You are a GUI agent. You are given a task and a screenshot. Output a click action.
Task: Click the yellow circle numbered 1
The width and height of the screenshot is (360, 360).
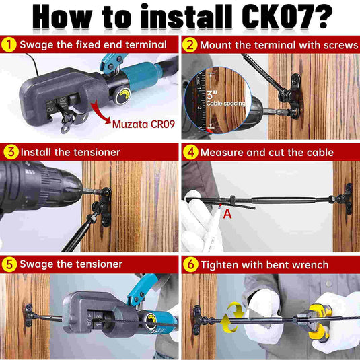pos(9,45)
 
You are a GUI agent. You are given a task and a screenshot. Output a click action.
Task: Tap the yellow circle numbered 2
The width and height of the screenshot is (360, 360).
pos(190,45)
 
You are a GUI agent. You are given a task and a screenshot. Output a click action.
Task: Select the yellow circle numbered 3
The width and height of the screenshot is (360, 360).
pos(11,152)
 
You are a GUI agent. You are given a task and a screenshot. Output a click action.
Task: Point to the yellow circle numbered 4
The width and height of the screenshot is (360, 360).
pos(190,153)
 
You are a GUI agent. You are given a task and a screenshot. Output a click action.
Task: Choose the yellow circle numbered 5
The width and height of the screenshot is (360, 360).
pos(9,264)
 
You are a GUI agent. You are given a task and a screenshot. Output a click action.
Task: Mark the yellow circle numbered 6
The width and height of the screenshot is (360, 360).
pos(190,264)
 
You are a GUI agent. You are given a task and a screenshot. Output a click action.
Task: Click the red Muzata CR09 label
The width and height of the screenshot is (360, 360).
pos(143,124)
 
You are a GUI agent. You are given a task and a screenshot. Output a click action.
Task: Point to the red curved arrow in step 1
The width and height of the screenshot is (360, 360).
pos(100,113)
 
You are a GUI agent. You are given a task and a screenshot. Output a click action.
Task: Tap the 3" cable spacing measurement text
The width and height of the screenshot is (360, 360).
pos(225,98)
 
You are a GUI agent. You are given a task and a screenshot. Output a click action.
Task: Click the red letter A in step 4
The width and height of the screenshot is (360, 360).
pos(227,214)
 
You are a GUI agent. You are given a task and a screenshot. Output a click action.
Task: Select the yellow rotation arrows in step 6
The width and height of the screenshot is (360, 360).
pos(232,317)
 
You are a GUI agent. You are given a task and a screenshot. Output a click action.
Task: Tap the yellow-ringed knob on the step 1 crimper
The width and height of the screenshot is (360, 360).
pos(122,96)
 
